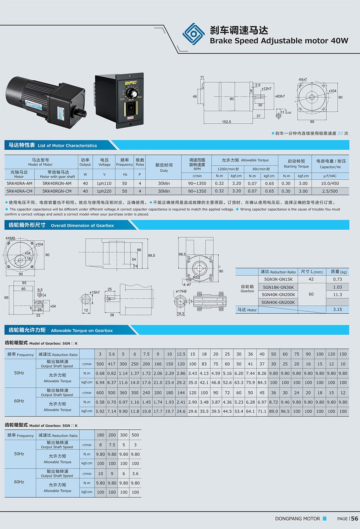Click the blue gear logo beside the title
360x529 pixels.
click(194, 34)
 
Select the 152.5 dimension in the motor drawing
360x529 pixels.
click(226, 122)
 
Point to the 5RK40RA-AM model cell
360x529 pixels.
click(19, 183)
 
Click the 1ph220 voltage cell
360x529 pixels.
click(104, 191)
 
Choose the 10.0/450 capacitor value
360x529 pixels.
click(330, 183)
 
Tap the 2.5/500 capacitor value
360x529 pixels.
click(330, 191)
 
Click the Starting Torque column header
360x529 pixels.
click(296, 166)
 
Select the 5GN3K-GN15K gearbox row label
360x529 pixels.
click(278, 279)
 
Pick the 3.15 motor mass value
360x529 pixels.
click(337, 309)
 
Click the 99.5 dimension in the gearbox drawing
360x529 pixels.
click(152, 255)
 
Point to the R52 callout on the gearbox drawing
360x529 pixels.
click(196, 277)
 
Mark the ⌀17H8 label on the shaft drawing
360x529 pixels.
click(181, 291)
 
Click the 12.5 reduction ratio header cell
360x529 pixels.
click(181, 354)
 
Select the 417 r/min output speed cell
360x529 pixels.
click(111, 364)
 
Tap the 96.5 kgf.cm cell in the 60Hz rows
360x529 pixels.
click(285, 411)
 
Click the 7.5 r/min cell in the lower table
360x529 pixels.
click(112, 445)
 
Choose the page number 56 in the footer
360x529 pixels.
click(354, 518)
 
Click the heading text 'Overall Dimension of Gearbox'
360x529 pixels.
click(82, 225)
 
